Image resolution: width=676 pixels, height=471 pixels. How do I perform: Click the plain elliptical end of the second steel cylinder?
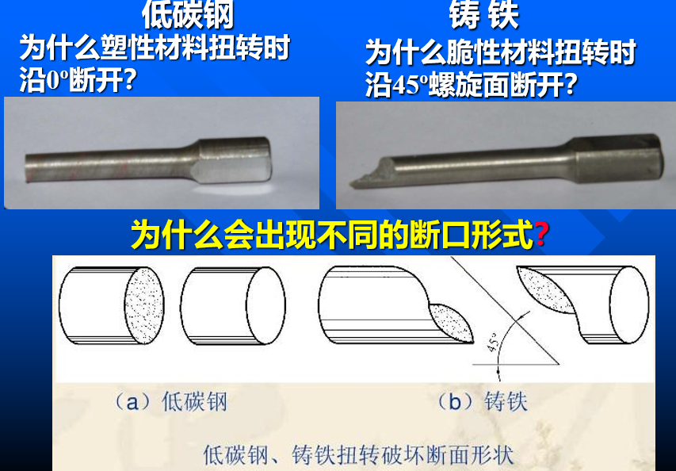[x=265, y=306]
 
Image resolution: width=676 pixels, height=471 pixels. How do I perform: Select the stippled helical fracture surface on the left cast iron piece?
[x=450, y=323]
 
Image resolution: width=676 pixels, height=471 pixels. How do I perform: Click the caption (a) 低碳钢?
[x=170, y=403]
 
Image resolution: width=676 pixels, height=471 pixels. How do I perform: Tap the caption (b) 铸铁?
[x=482, y=403]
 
